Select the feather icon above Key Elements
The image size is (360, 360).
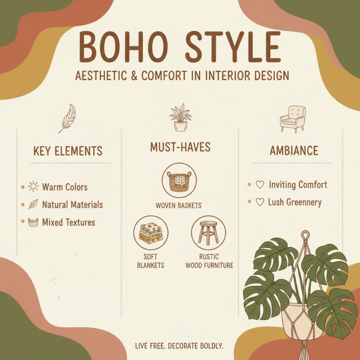[x=67, y=118]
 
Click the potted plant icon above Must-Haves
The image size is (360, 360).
[x=180, y=117]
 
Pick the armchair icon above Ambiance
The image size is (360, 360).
[x=292, y=118]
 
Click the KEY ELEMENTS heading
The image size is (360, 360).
[x=68, y=151]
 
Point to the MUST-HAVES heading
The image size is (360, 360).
[x=180, y=147]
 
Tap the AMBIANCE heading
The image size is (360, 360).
[x=294, y=151]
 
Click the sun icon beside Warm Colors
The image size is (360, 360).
[x=33, y=187]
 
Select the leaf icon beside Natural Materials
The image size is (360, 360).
[x=33, y=205]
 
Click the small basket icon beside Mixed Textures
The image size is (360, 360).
[x=33, y=222]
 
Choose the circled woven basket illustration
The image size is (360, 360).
[x=180, y=181]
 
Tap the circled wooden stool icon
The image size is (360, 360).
[x=208, y=233]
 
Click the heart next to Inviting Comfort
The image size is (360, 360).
[x=260, y=185]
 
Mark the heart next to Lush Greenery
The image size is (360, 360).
[x=260, y=202]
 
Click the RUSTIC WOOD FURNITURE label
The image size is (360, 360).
[x=209, y=261]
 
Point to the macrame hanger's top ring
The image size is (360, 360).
[x=306, y=235]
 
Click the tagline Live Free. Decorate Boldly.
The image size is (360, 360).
[x=179, y=346]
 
